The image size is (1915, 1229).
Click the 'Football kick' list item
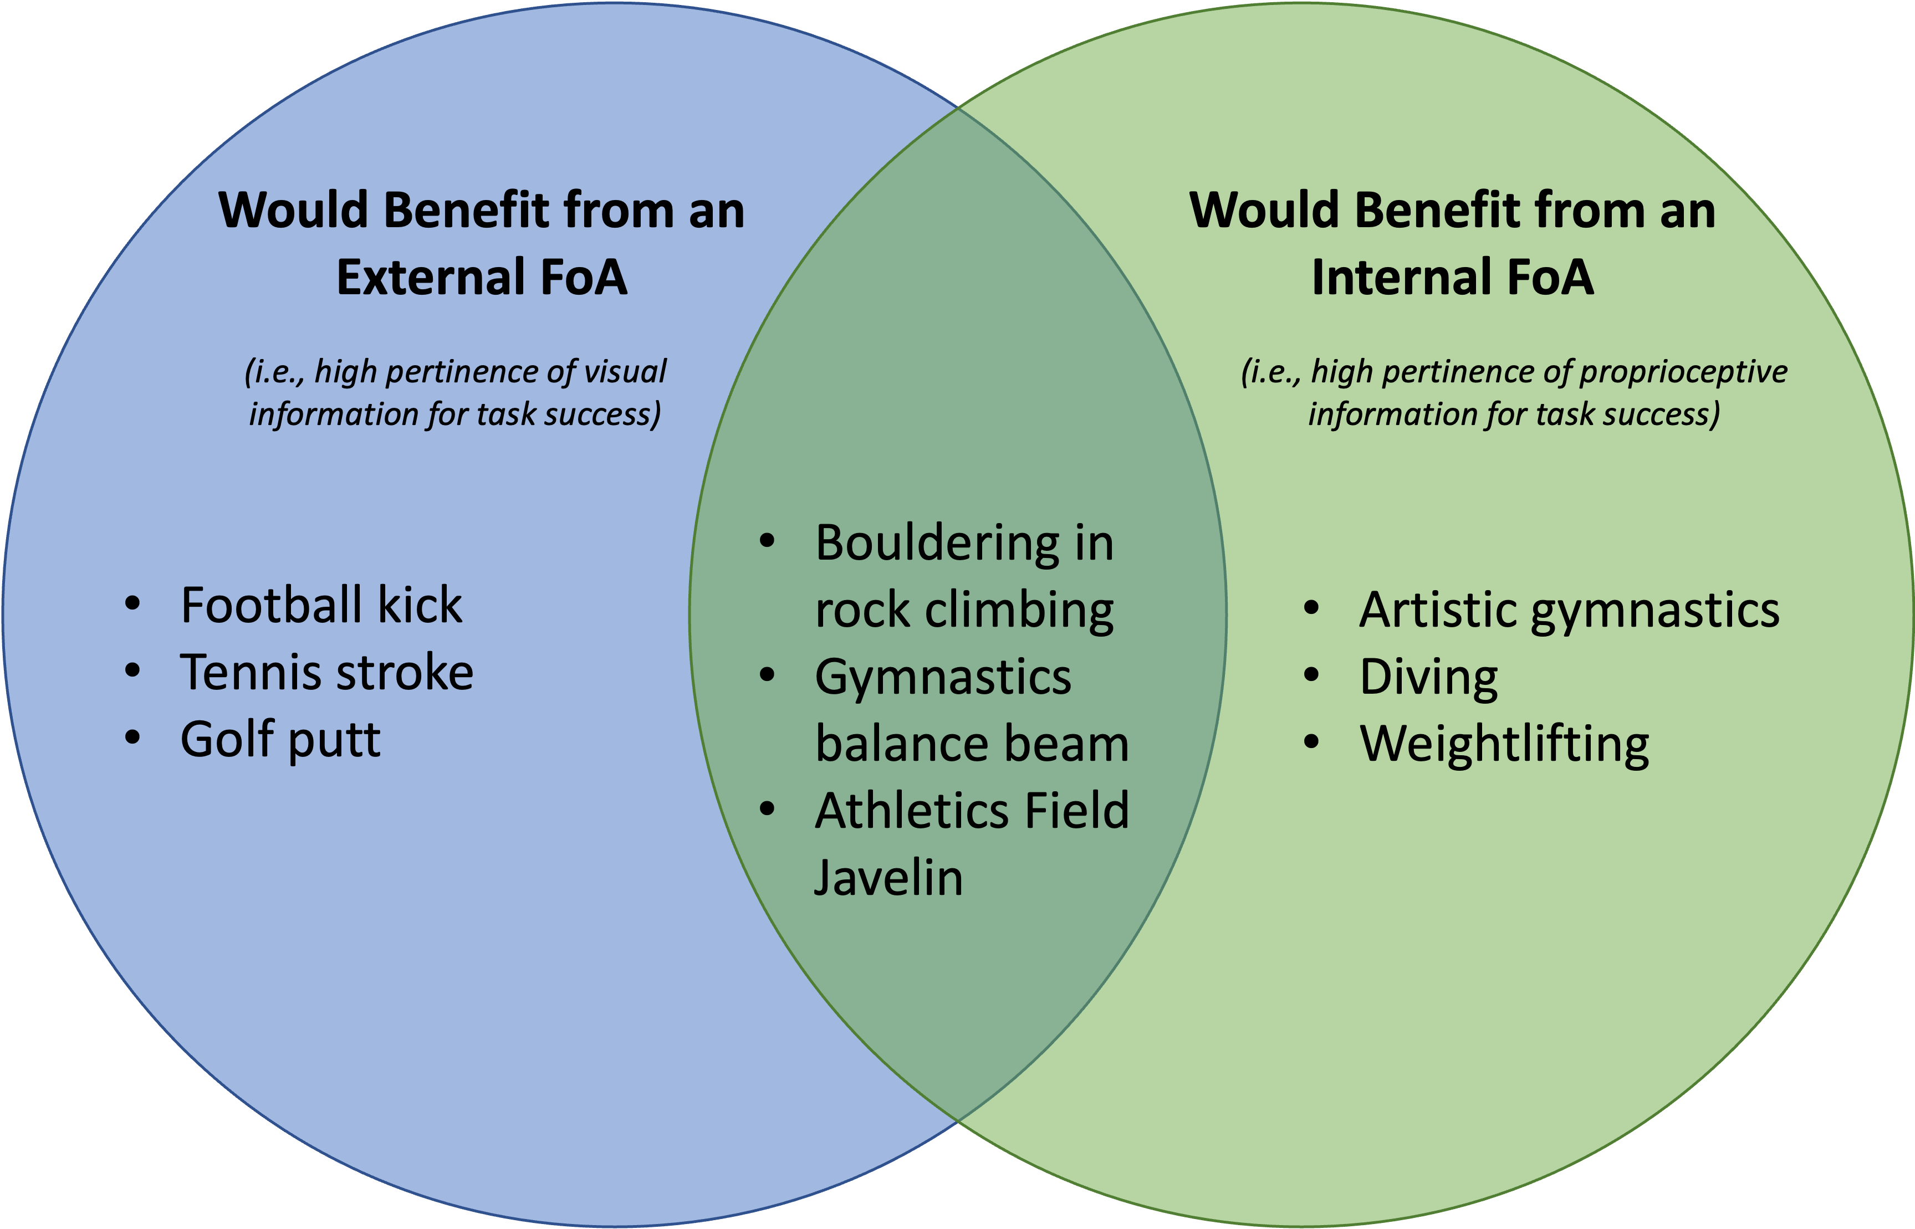point(321,605)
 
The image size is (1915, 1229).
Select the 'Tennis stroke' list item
point(326,672)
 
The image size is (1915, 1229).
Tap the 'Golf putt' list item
point(280,740)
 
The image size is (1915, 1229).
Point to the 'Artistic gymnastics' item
point(1569,611)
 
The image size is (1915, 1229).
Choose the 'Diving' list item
point(1428,678)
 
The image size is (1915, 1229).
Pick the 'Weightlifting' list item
point(1504,745)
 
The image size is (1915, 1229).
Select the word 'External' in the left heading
point(427,278)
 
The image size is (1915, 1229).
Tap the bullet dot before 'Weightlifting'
point(1311,742)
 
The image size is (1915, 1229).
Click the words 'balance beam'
point(972,745)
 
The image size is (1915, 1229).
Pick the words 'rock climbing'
point(963,611)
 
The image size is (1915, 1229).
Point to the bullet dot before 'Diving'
point(1311,675)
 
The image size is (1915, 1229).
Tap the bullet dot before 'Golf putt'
point(132,738)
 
